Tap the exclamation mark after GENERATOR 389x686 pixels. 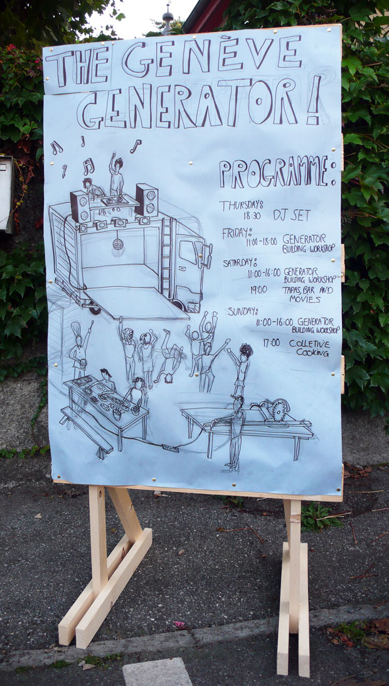314,100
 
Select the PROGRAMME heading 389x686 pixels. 277,172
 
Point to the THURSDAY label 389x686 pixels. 241,205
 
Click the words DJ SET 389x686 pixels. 292,215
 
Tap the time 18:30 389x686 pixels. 252,216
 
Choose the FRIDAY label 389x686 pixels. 237,233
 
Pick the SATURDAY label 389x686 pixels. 240,262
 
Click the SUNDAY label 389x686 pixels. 242,311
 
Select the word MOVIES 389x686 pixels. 305,299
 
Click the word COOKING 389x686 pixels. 312,352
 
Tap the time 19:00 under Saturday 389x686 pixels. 258,289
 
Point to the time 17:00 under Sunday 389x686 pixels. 271,343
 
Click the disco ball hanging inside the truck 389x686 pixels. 118,244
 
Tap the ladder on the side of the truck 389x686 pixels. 166,257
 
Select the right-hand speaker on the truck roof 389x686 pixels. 146,200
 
